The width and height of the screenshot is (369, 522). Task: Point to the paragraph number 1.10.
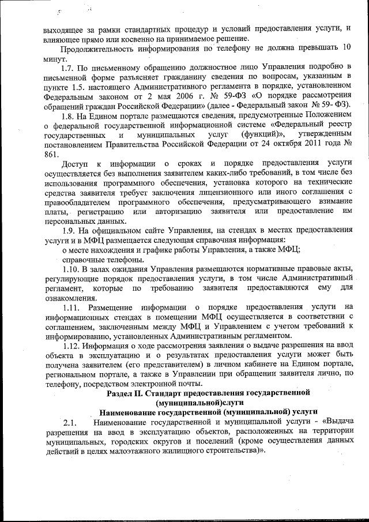(x=70, y=269)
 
